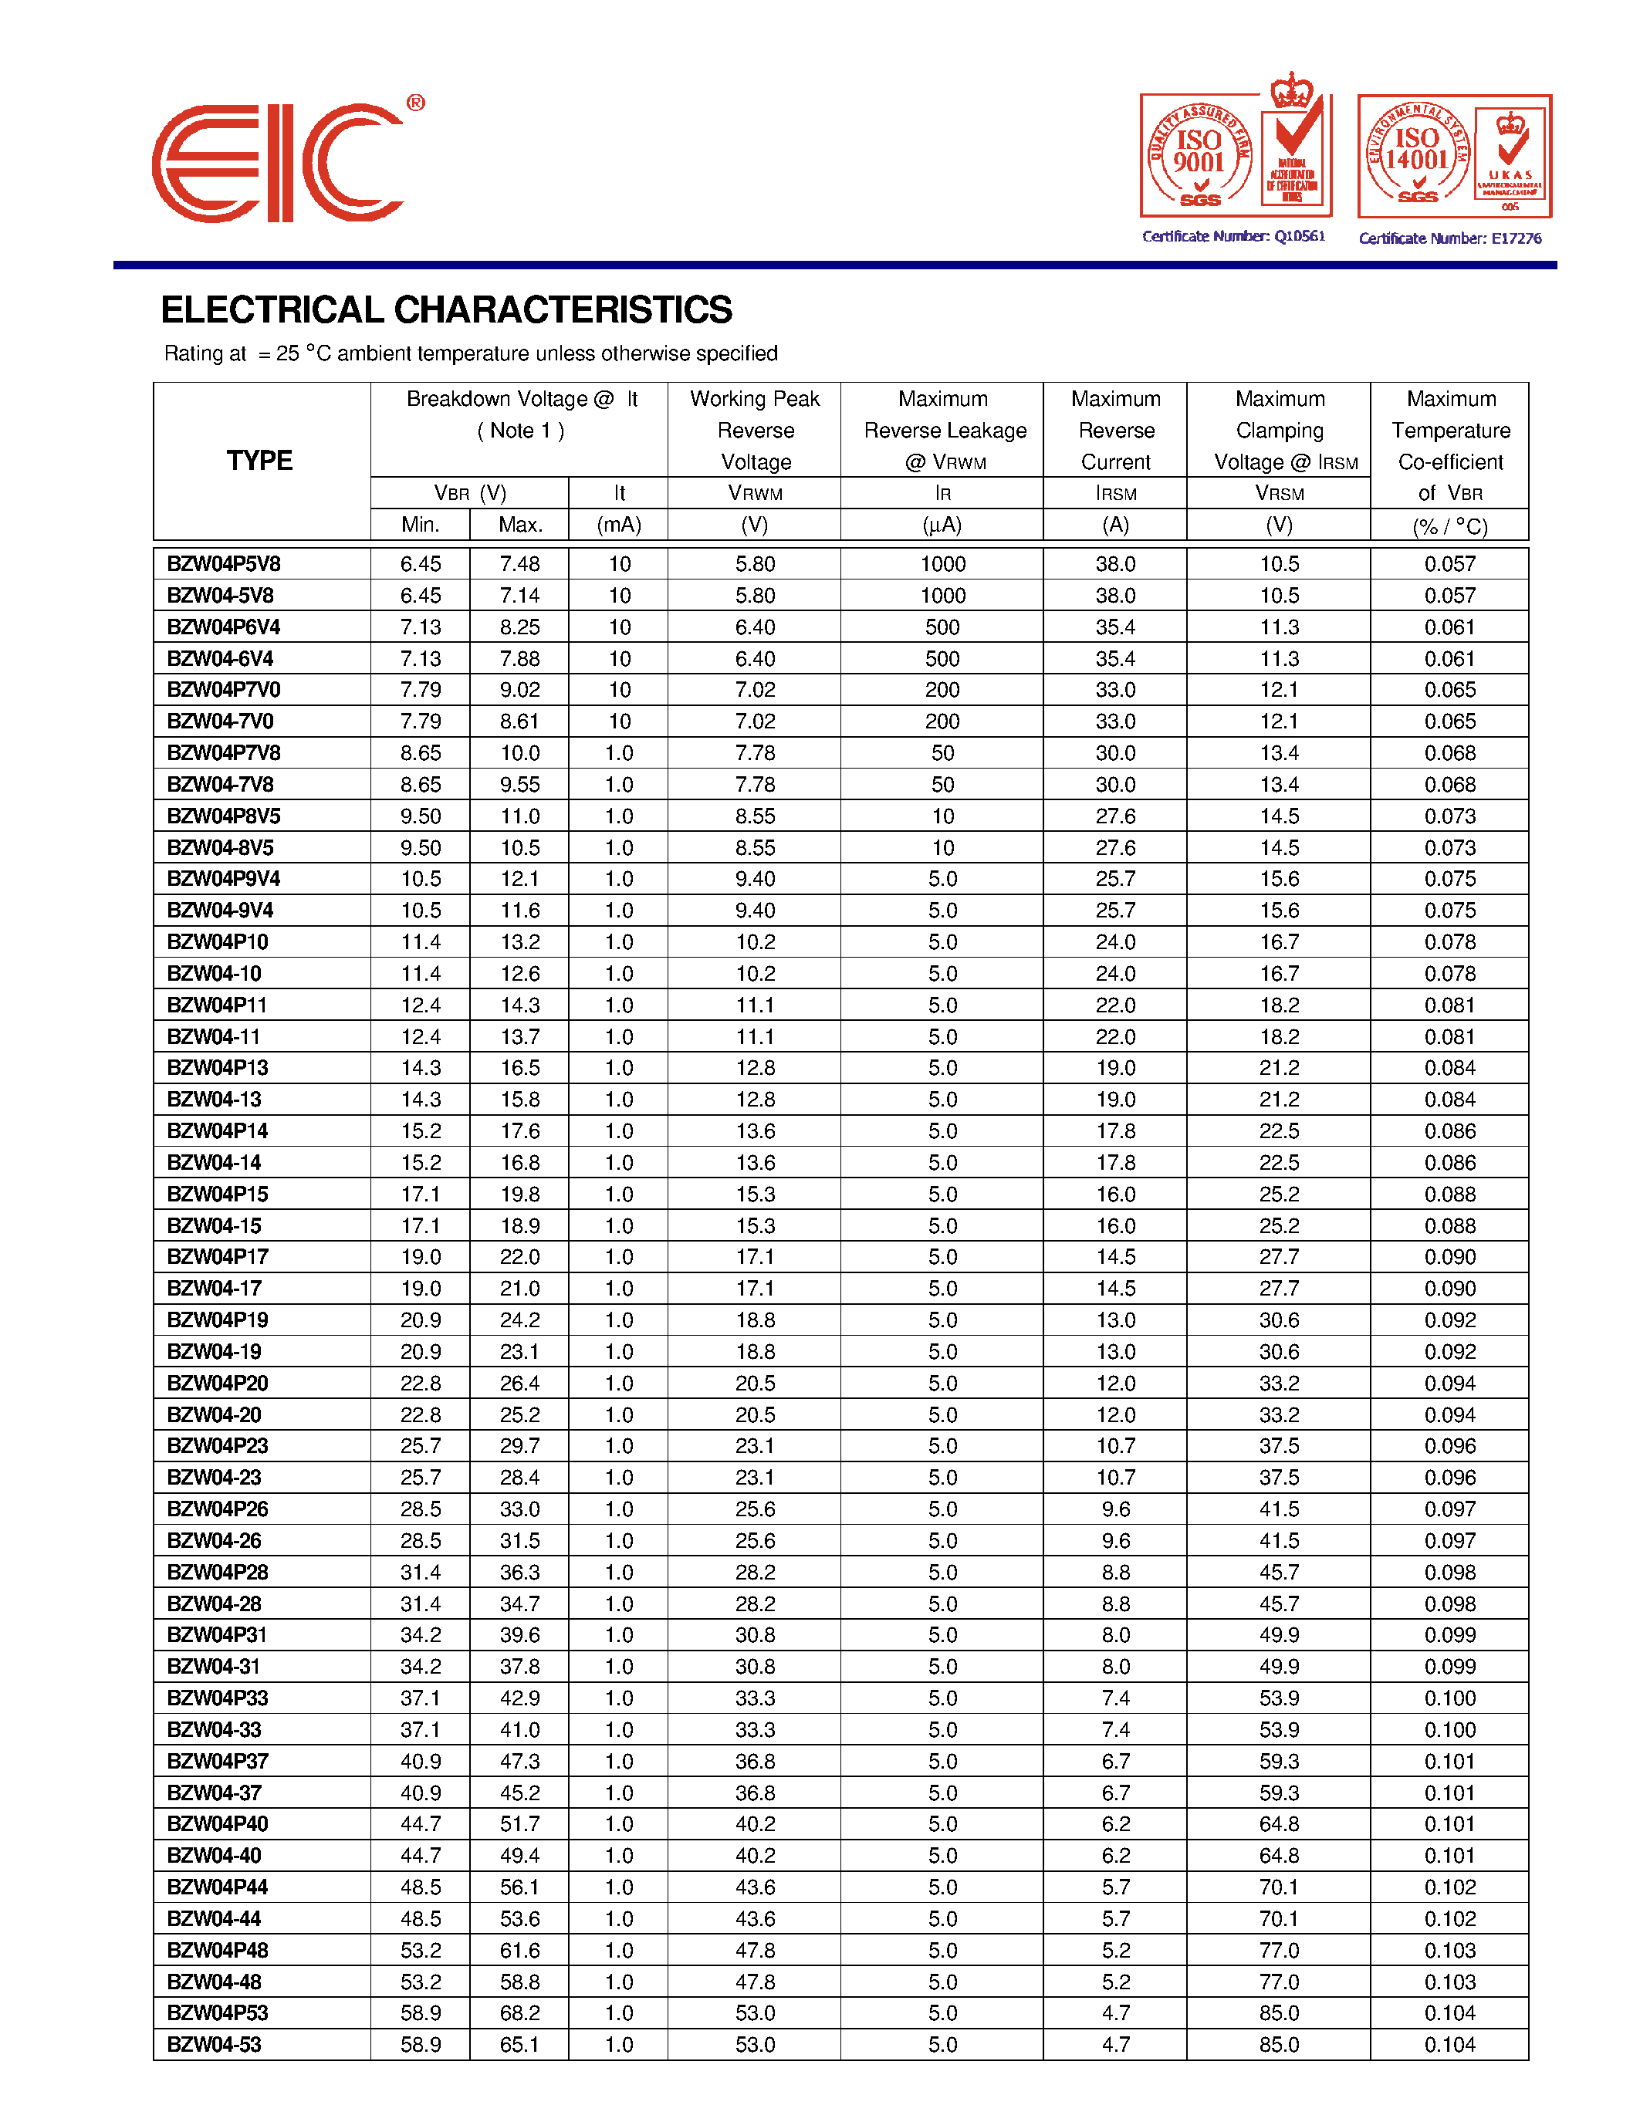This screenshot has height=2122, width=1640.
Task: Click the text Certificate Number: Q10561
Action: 1233,236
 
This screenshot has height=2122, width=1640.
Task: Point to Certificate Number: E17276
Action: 1449,238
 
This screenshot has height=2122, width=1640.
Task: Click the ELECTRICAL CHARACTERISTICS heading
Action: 446,310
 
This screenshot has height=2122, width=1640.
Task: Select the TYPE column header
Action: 259,461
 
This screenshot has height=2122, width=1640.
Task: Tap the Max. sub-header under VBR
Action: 520,525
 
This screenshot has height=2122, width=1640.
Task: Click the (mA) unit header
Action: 619,525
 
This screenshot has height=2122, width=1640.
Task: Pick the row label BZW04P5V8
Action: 224,563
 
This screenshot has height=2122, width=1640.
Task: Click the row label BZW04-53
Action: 214,2044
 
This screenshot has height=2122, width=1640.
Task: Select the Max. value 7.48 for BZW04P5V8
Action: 520,563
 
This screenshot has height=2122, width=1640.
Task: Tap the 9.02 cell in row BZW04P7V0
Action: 520,690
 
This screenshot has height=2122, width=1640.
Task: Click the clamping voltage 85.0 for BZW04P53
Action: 1279,2013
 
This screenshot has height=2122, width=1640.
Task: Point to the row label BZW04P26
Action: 218,1509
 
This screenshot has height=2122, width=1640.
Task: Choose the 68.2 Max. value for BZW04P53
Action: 520,2013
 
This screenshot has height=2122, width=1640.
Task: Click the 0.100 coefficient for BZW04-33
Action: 1449,1729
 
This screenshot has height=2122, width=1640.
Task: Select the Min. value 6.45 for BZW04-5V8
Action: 421,596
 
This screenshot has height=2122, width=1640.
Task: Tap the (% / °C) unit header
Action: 1449,526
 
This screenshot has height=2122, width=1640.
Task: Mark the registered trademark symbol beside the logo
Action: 415,103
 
